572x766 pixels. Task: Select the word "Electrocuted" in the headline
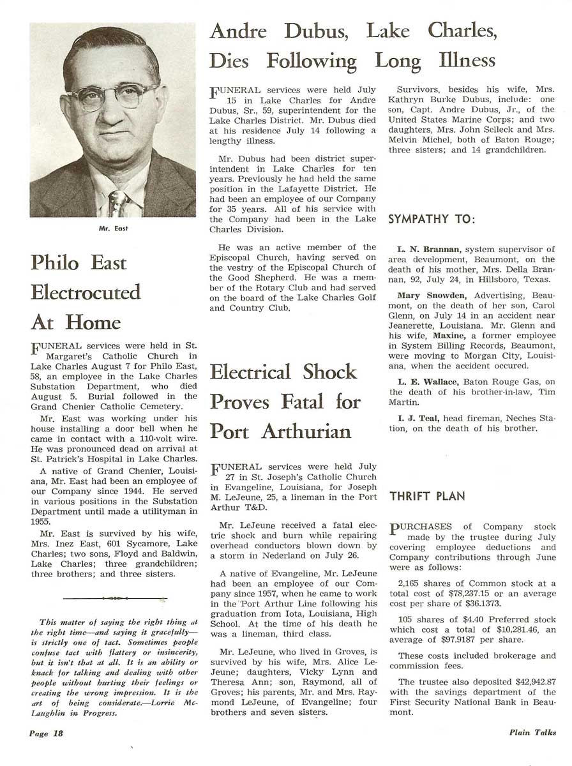click(86, 292)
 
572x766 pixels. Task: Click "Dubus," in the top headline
click(310, 31)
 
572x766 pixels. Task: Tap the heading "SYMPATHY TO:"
click(432, 220)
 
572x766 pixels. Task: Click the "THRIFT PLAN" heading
click(427, 496)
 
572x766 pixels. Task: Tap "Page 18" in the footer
click(47, 733)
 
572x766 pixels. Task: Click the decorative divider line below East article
click(115, 598)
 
